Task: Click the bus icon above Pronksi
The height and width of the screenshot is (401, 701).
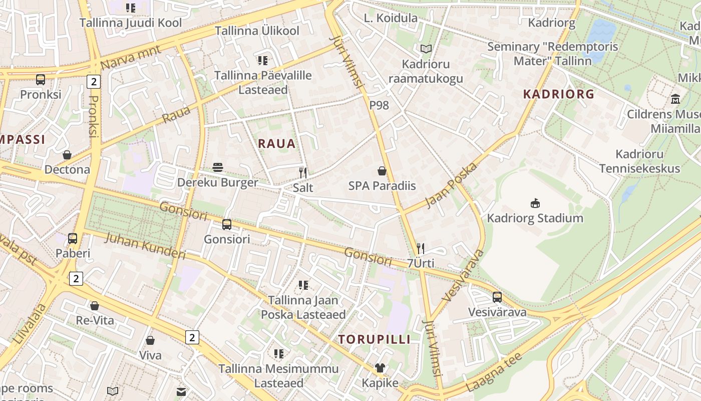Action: coord(41,79)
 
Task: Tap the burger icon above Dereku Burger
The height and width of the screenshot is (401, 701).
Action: coord(218,167)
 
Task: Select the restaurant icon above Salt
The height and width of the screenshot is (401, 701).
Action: coord(302,173)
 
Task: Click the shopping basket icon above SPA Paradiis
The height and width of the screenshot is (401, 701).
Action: coord(382,171)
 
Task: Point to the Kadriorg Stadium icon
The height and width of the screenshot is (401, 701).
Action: coord(535,203)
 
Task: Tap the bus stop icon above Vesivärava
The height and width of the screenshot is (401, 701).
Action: coord(497,297)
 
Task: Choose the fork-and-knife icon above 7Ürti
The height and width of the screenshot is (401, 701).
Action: coord(421,248)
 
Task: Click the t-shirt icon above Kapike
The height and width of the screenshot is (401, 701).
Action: coord(380,368)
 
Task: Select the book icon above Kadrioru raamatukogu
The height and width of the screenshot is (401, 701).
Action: coord(426,49)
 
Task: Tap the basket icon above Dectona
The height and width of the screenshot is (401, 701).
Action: coord(67,154)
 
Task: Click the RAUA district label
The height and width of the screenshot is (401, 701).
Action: coord(277,144)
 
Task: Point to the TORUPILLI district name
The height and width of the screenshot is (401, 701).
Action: coord(374,339)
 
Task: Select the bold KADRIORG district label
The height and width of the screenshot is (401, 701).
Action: coord(559,94)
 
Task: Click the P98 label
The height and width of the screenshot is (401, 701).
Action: coord(379,105)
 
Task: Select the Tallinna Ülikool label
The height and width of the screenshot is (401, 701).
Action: coord(257,31)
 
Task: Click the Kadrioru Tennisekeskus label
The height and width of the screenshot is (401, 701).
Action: coord(640,161)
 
